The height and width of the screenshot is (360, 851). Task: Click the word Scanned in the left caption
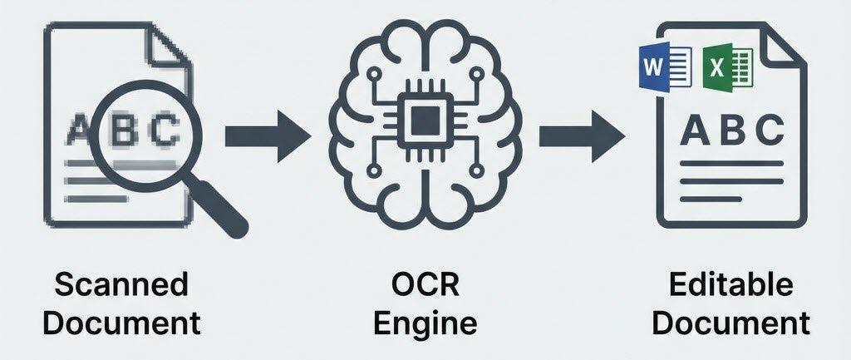[121, 285]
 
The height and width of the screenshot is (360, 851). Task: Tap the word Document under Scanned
[121, 323]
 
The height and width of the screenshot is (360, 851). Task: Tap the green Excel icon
[728, 67]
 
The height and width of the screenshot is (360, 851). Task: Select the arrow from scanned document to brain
[268, 133]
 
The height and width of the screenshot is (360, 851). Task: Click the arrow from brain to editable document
[581, 133]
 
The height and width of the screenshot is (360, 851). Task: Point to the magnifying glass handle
[222, 210]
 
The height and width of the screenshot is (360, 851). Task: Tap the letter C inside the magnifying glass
[167, 130]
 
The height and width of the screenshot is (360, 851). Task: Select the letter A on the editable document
[694, 131]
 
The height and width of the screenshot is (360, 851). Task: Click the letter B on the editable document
[731, 131]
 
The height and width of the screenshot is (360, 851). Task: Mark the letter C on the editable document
[769, 131]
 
